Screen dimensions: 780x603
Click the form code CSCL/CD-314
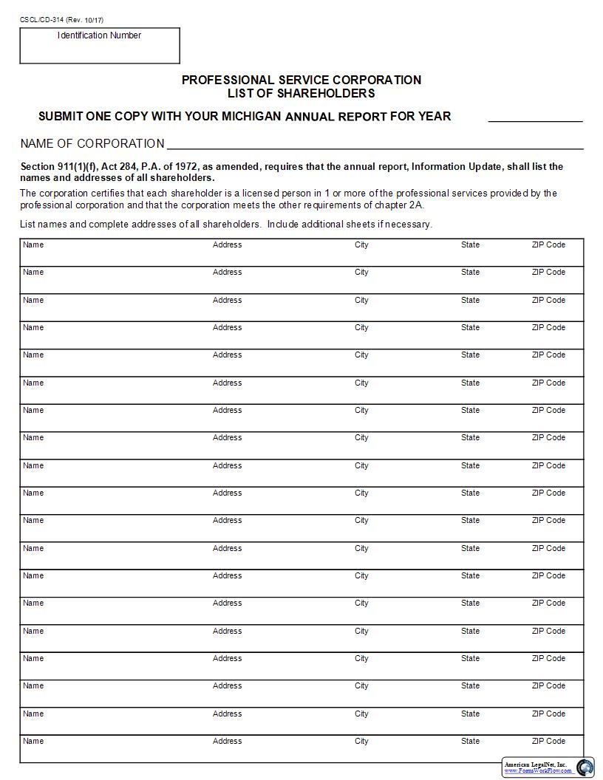[41, 20]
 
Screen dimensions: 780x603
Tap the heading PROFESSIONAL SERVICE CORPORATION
[301, 80]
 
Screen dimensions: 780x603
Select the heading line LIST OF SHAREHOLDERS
[301, 94]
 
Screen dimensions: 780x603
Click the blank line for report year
[535, 117]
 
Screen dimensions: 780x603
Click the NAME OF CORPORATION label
[92, 143]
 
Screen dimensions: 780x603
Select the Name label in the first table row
[33, 244]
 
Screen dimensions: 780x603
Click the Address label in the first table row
[227, 244]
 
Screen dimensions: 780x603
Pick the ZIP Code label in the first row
[548, 244]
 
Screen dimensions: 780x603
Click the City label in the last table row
[361, 741]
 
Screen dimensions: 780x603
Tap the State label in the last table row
[470, 741]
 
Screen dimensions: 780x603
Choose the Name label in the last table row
[33, 741]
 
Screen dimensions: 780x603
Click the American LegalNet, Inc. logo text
[536, 764]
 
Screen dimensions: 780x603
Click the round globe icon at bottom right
[585, 767]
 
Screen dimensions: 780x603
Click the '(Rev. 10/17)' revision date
[85, 20]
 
